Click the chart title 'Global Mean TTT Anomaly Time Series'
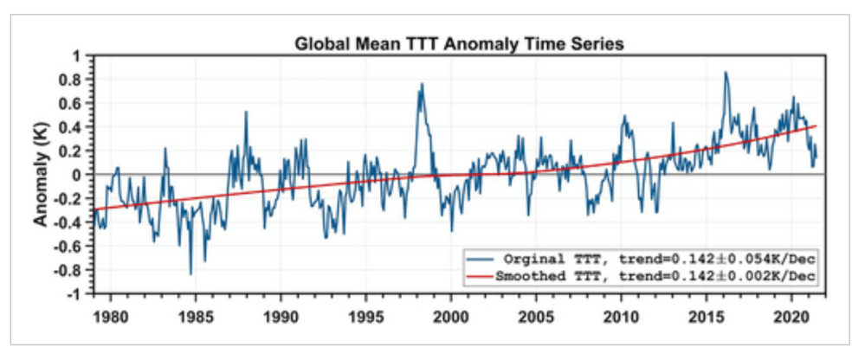460,42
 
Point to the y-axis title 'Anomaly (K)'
42,173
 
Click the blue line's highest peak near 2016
726,72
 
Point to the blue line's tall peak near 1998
422,84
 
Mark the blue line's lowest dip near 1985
190,274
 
